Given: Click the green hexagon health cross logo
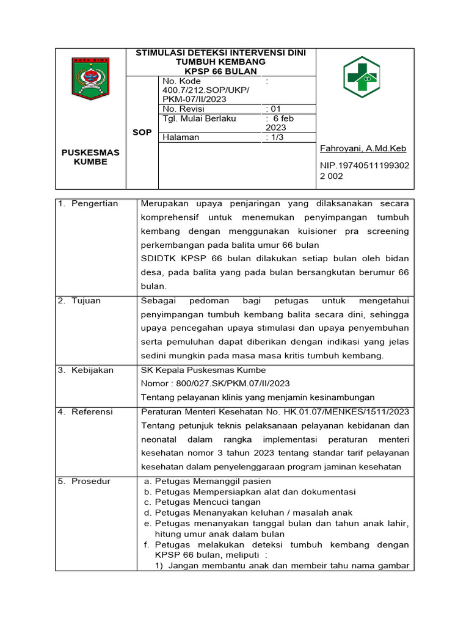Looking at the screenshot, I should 362,77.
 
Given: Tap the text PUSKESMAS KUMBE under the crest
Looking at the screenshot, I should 90,157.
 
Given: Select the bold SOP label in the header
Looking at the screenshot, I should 142,132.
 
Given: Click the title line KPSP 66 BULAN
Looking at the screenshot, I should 220,71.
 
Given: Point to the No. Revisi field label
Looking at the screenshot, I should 184,109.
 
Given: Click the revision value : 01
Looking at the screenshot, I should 273,109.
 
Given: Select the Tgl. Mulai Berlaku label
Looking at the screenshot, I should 199,118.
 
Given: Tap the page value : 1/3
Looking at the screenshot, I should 275,137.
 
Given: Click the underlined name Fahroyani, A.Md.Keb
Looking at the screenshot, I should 363,148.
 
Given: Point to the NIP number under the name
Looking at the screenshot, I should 365,170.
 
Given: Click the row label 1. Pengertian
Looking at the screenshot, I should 88,203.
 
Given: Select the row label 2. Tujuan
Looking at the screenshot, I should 79,301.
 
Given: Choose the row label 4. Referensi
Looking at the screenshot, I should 85,412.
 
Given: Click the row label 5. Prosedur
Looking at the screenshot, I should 84,481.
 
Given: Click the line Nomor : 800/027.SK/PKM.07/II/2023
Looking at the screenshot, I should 215,383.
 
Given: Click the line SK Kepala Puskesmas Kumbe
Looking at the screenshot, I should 203,370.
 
